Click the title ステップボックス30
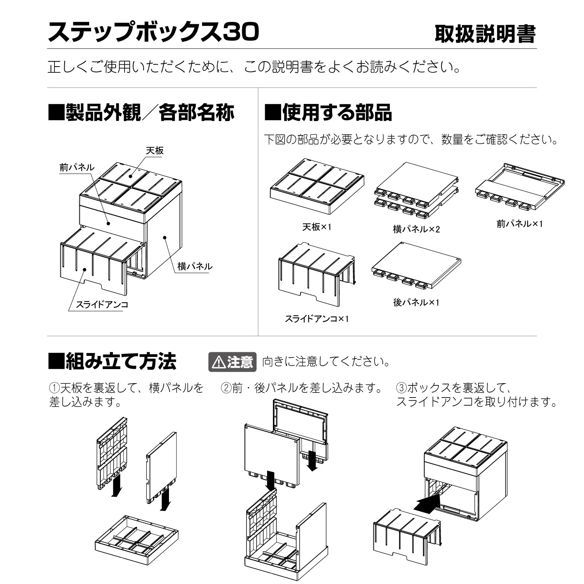click(x=153, y=32)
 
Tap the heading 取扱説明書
click(x=485, y=34)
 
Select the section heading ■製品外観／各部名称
click(x=141, y=113)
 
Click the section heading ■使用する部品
click(x=328, y=113)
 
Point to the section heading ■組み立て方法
click(x=112, y=361)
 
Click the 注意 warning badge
click(x=232, y=362)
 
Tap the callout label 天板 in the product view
click(x=155, y=151)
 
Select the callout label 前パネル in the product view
click(x=77, y=167)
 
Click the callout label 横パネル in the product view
click(x=195, y=266)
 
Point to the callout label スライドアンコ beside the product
click(x=102, y=304)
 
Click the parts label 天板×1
click(x=317, y=227)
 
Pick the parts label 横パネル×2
click(x=416, y=229)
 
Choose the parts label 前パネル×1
click(x=519, y=224)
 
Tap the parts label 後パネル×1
click(x=416, y=302)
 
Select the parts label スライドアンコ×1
click(x=317, y=319)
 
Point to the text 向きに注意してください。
click(x=326, y=362)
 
